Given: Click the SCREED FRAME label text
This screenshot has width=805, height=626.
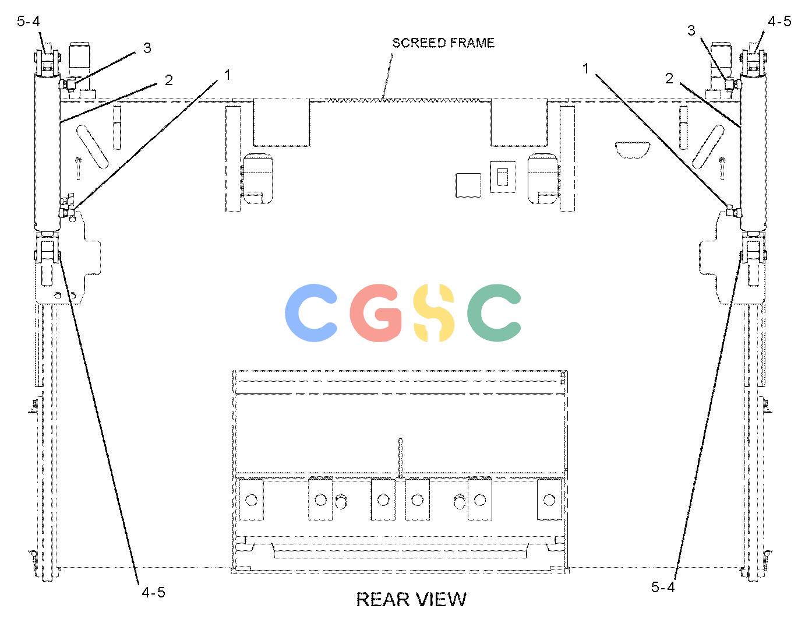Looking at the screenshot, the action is (x=443, y=43).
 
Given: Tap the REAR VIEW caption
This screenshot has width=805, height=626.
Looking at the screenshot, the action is (x=411, y=599).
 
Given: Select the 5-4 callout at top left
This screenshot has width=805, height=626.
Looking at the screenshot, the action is (x=28, y=21).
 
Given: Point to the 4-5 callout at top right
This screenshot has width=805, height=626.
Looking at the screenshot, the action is (x=779, y=21).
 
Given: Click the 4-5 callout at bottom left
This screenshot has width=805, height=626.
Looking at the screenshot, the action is (x=153, y=592).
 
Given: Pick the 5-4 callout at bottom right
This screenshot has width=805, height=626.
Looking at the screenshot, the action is (x=663, y=587).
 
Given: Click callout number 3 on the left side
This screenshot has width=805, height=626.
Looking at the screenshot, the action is (x=147, y=48).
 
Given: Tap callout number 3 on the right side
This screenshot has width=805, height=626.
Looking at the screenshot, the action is (x=691, y=30).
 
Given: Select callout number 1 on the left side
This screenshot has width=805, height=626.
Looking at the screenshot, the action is (x=227, y=75).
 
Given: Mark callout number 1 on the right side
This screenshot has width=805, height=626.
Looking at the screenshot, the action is (x=585, y=68).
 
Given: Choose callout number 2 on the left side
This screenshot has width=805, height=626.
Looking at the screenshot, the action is (x=168, y=80).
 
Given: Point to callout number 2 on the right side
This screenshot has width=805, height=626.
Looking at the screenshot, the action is (x=669, y=79).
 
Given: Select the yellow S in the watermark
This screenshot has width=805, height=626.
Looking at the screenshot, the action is (x=434, y=313).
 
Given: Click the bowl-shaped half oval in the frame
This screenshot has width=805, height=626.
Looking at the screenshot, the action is (x=633, y=150).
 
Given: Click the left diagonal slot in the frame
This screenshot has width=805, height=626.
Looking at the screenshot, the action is (x=92, y=147).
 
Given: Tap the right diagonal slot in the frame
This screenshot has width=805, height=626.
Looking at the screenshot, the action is (x=708, y=147).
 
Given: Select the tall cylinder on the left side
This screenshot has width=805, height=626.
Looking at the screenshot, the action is (x=47, y=152).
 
